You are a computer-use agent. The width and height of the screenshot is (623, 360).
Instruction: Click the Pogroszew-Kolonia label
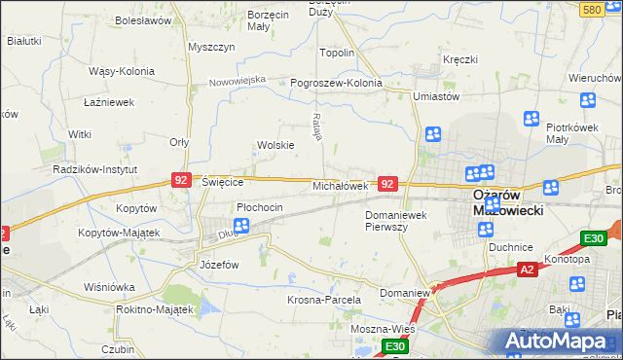336,83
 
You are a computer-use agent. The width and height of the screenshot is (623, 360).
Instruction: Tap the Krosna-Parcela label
324,301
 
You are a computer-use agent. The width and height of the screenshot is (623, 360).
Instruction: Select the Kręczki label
459,59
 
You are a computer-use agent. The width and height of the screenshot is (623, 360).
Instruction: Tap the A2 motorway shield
527,269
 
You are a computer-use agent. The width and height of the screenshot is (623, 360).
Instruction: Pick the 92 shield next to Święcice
180,180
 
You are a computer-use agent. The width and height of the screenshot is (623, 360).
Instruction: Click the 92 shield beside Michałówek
387,184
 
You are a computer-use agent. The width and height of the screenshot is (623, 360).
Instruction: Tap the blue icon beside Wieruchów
587,100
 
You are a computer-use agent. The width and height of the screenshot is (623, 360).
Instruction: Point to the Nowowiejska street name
238,81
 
